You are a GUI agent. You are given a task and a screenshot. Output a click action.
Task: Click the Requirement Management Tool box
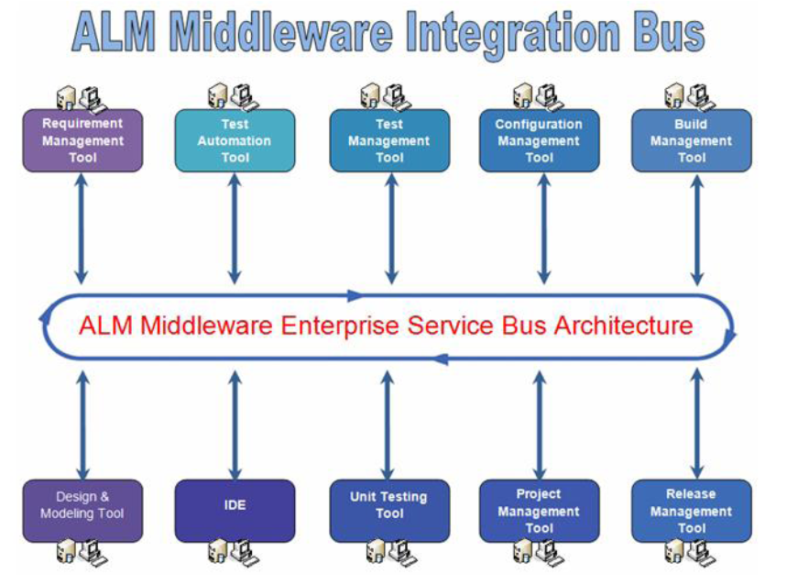coord(82,140)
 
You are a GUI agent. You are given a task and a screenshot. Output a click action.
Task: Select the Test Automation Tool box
coord(235,140)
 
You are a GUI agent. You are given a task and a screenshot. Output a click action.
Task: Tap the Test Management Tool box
coord(389,140)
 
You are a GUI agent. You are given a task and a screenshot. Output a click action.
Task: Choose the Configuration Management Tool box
coord(539,140)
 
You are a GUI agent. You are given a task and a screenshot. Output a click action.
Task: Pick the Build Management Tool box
coord(691,140)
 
